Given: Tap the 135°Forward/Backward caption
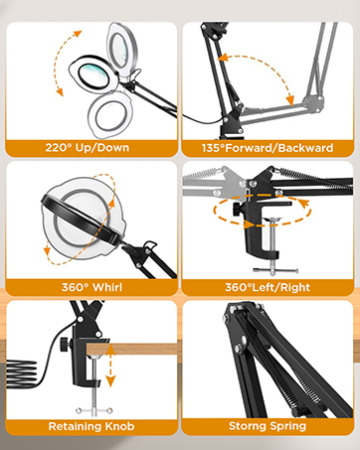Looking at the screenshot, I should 270,147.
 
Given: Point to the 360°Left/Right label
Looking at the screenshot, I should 270,287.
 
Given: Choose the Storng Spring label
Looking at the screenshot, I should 270,426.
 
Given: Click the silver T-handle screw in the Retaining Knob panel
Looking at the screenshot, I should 89,409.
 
